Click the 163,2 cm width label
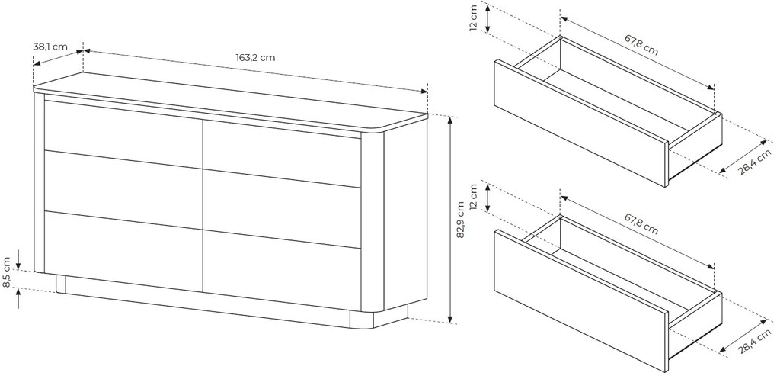255,57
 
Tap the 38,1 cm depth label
50,47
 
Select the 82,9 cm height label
461,220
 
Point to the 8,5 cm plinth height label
7,272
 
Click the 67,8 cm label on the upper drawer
641,45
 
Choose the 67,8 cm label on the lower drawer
641,223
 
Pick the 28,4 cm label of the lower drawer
755,340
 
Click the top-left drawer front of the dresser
123,134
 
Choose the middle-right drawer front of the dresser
281,209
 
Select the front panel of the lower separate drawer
580,300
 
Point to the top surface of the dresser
230,101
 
